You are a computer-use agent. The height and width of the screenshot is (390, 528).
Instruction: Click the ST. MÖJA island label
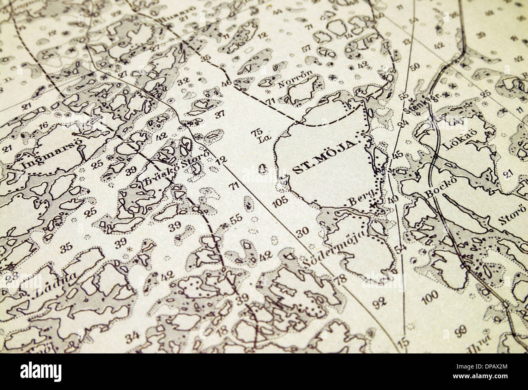[x=324, y=157]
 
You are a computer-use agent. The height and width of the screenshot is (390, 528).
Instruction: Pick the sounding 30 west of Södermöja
[x=303, y=231]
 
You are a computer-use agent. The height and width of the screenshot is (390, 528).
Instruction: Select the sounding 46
[x=226, y=84]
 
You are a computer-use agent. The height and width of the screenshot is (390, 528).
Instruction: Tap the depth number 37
[x=219, y=114]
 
